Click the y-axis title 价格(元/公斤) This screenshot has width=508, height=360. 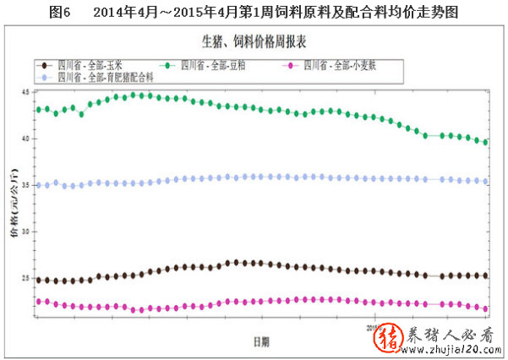pyautogui.click(x=14, y=203)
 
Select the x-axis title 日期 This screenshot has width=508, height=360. pyautogui.click(x=262, y=341)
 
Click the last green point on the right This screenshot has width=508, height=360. pyautogui.click(x=485, y=142)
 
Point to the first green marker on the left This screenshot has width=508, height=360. pyautogui.click(x=38, y=110)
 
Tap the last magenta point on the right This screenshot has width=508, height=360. pyautogui.click(x=485, y=308)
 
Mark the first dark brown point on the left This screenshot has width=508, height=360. pyautogui.click(x=38, y=281)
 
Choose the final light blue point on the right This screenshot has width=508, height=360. pyautogui.click(x=485, y=181)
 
